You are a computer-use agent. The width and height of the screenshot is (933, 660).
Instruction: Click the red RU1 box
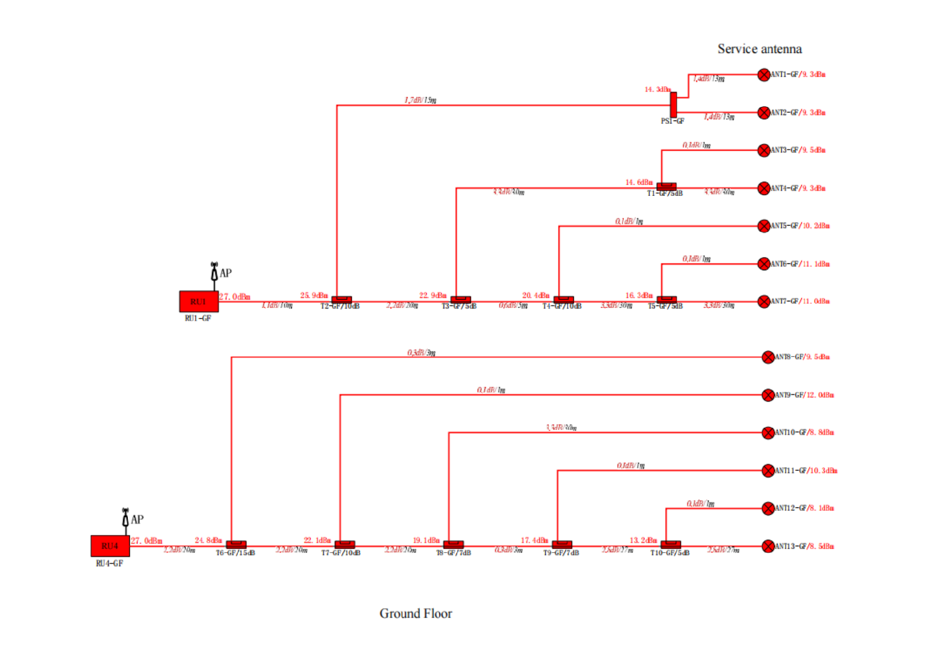tap(198, 301)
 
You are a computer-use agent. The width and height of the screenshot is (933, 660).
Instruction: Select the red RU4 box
tap(110, 546)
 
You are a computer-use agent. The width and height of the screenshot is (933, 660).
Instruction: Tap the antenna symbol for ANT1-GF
tap(764, 75)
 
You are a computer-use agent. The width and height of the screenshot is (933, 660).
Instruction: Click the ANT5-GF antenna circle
tap(764, 226)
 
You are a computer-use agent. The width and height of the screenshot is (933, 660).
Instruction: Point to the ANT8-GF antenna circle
tap(768, 357)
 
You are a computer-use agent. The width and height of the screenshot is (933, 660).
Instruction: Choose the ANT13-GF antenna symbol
tap(768, 546)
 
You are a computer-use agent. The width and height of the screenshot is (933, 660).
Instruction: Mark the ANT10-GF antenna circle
tap(768, 433)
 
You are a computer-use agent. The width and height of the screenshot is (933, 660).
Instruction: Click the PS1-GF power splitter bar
tap(674, 104)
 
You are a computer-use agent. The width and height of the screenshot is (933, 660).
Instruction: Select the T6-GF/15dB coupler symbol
tap(236, 544)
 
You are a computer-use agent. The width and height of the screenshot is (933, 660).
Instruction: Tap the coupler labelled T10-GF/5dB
tap(671, 544)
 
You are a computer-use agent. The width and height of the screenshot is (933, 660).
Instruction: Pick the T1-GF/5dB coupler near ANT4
tap(666, 186)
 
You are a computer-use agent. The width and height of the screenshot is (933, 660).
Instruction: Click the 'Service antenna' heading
tap(760, 49)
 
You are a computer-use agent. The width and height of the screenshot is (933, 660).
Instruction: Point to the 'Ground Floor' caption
tap(416, 613)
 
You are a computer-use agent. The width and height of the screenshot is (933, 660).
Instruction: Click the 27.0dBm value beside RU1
tap(235, 296)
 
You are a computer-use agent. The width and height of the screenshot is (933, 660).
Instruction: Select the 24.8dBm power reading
tap(208, 540)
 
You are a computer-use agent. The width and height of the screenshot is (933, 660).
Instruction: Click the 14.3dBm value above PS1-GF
tap(657, 89)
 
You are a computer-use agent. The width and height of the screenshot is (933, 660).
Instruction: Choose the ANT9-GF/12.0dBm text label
tap(805, 395)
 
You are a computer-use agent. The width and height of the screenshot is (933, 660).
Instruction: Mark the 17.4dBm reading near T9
tap(534, 540)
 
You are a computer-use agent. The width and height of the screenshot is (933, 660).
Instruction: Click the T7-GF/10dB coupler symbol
tap(345, 544)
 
